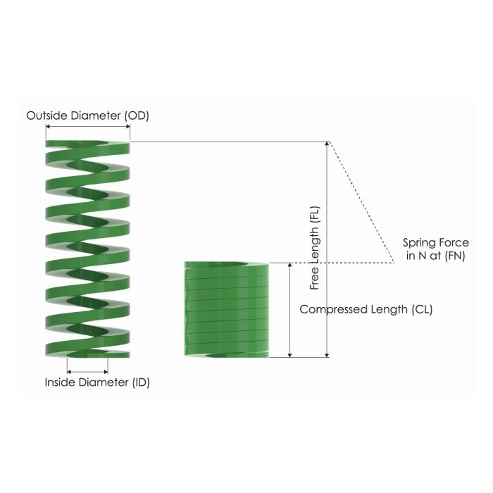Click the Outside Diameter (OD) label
tap(87, 115)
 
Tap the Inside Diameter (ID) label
tap(97, 382)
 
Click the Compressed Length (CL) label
tap(366, 309)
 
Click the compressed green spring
tap(226, 310)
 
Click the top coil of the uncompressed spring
tap(87, 146)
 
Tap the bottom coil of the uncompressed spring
tap(87, 349)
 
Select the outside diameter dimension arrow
tap(87, 127)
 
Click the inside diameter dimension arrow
tap(87, 370)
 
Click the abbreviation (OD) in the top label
tap(137, 115)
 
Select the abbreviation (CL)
tap(420, 309)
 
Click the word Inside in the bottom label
tap(59, 382)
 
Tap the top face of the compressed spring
tap(226, 266)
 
